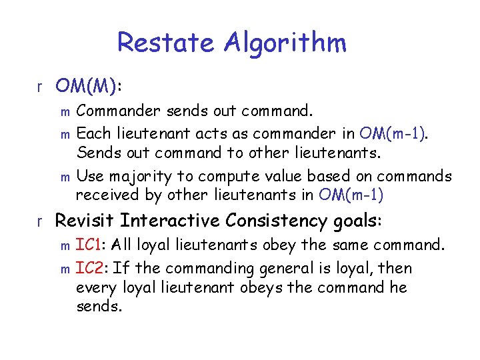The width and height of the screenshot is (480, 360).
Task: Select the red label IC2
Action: click(89, 269)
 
